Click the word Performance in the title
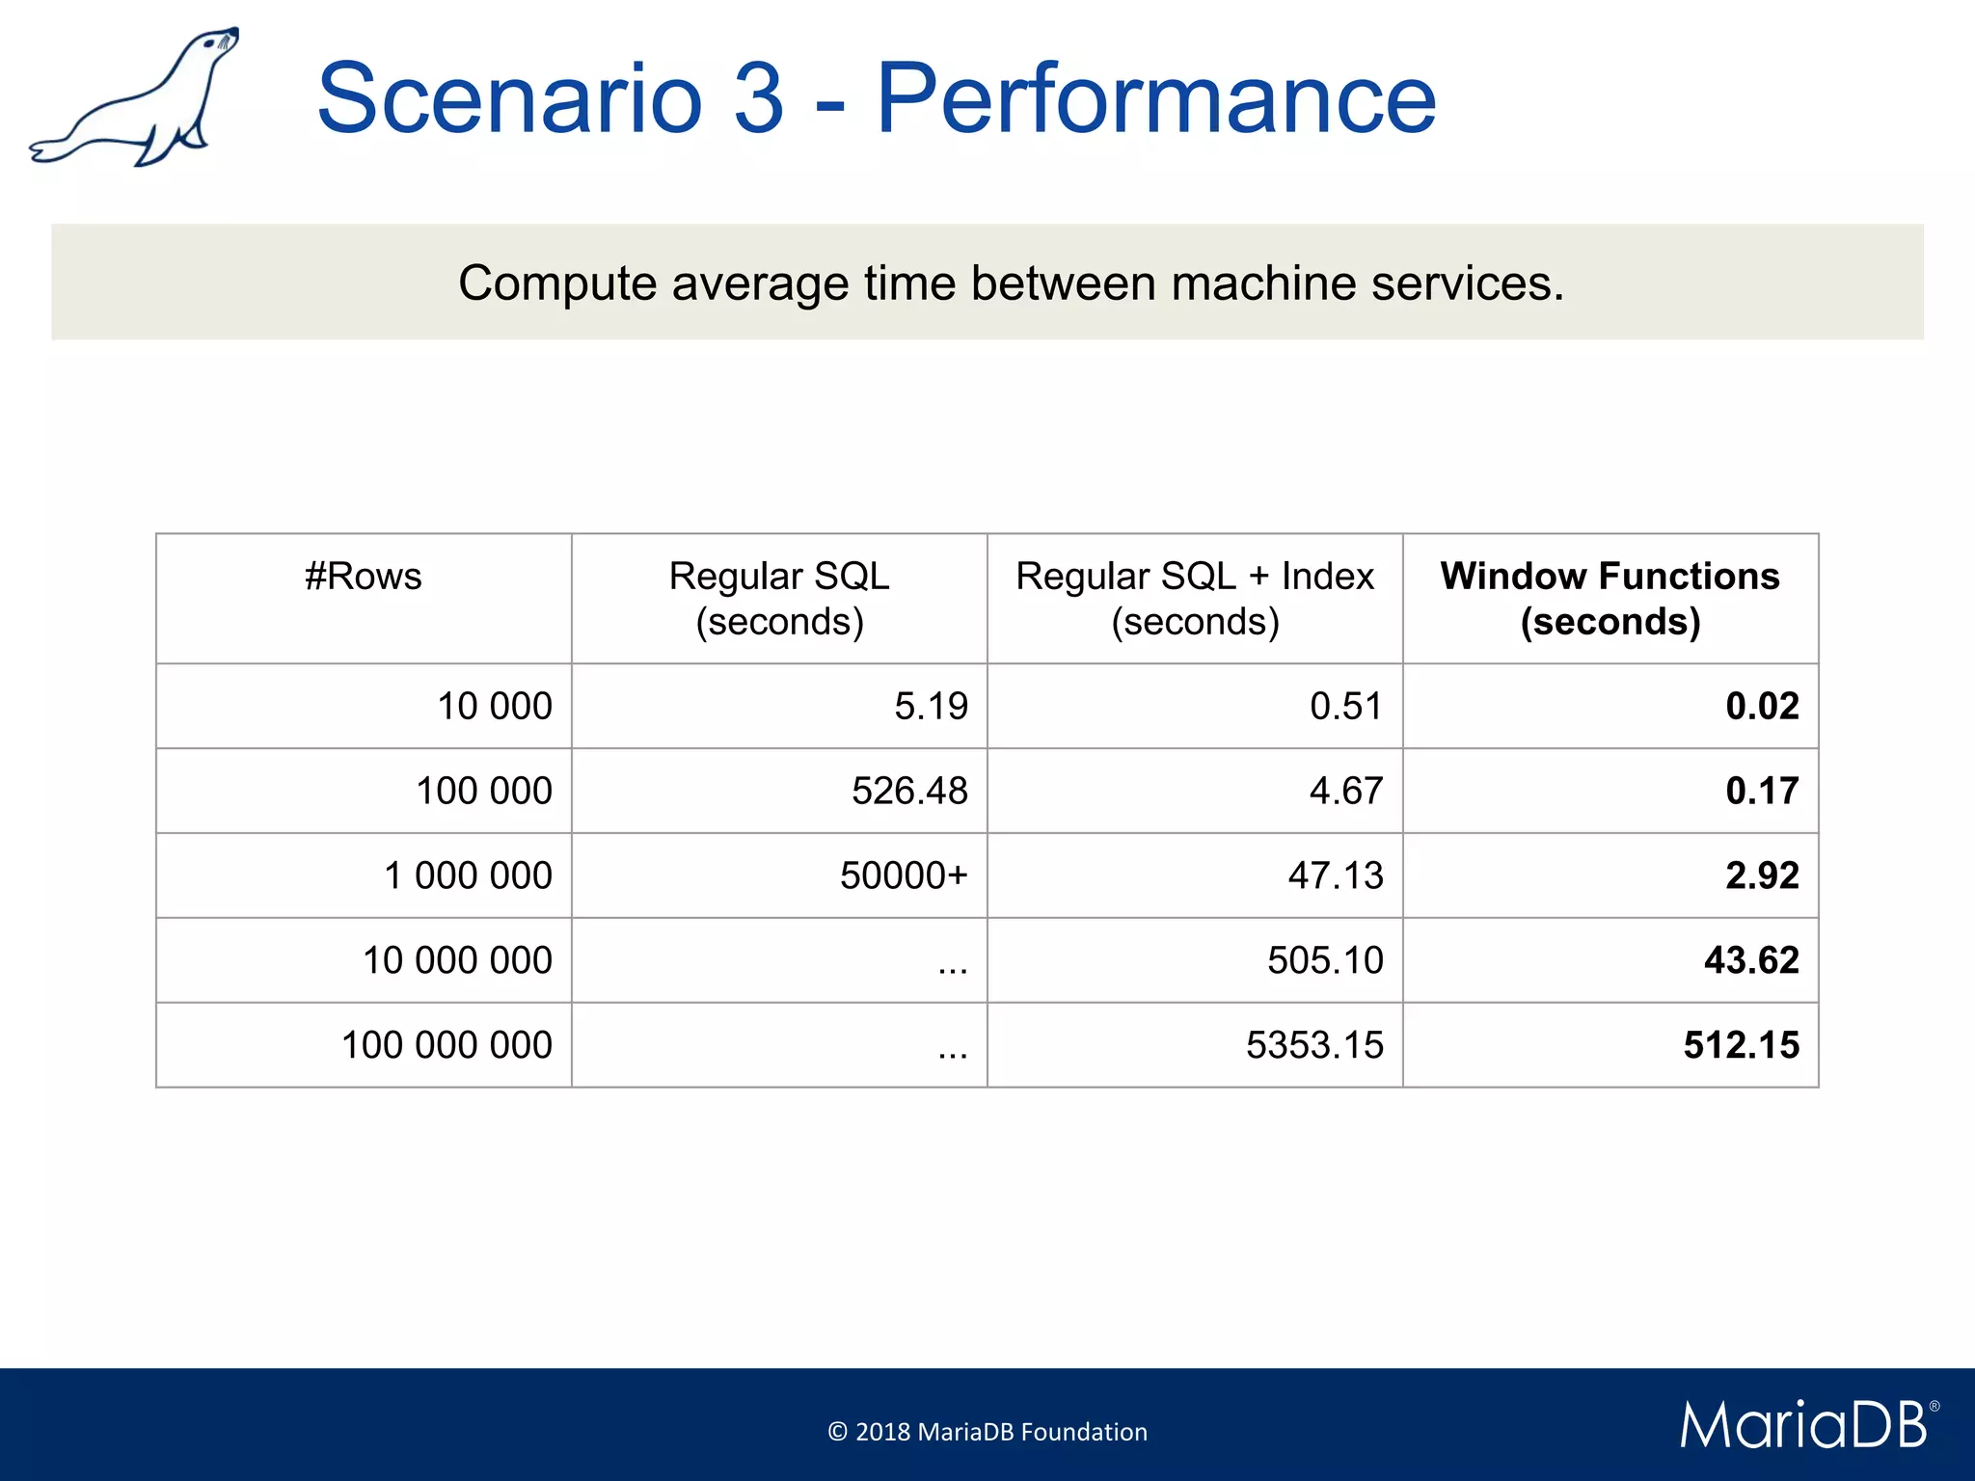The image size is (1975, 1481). coord(1155,98)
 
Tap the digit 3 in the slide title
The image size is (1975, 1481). coord(758,98)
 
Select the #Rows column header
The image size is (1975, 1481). coord(364,577)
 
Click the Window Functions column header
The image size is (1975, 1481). coord(1610,598)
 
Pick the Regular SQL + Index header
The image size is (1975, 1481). coord(1194,598)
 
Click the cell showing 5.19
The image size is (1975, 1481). coord(930,707)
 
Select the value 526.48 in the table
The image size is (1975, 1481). coord(908,792)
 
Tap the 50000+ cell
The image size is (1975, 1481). coord(903,876)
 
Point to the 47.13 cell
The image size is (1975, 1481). coord(1335,876)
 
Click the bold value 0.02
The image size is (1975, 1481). coord(1761,707)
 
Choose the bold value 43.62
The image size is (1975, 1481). coord(1750,961)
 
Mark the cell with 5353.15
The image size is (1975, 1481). coord(1313,1046)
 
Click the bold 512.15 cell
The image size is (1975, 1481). coord(1741,1046)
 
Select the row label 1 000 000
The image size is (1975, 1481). coord(468,876)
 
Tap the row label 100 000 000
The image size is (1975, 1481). coord(446,1046)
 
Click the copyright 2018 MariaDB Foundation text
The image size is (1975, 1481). coord(987,1432)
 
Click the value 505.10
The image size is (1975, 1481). coord(1324,961)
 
